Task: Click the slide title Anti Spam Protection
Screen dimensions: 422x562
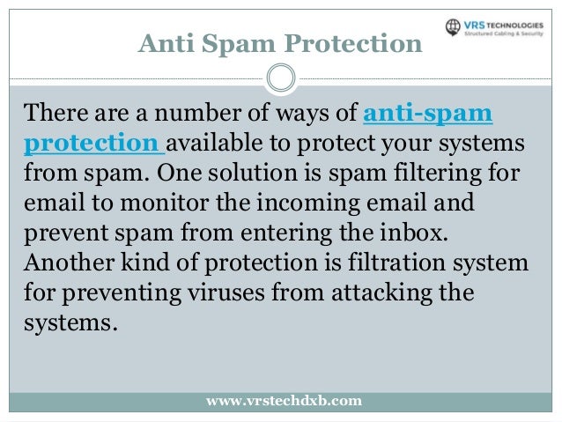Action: tap(280, 42)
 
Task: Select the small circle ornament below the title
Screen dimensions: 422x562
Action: tap(280, 78)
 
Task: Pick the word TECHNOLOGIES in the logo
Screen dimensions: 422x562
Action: tap(528, 26)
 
